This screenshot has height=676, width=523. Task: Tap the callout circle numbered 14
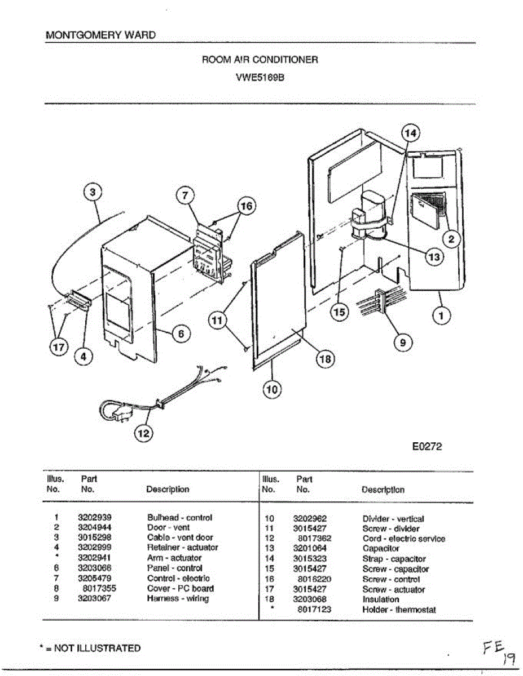click(x=411, y=133)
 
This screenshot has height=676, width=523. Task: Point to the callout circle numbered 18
click(x=325, y=359)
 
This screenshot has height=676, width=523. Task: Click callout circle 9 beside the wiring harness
click(x=402, y=341)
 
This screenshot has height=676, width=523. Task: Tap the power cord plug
click(x=121, y=416)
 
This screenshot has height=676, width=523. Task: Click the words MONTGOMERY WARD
click(x=100, y=35)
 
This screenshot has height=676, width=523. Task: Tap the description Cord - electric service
click(x=403, y=539)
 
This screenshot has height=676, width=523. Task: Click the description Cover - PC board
click(x=180, y=589)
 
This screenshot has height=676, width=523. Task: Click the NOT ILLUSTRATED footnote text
click(x=91, y=648)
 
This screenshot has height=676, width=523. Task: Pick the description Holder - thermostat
click(x=399, y=610)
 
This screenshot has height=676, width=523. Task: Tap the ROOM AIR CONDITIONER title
click(x=260, y=59)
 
